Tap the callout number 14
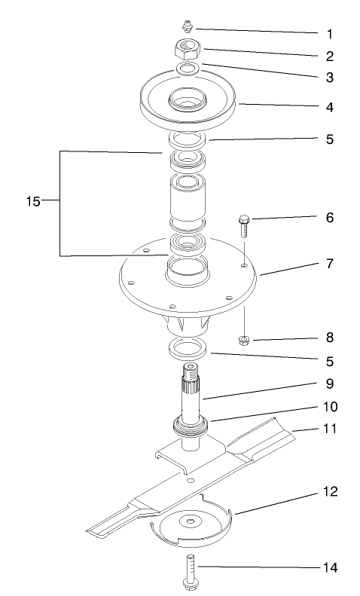pos(329,566)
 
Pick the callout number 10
pos(330,406)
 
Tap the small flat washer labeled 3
pos(189,69)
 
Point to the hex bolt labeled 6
pos(244,225)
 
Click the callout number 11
pos(329,429)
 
